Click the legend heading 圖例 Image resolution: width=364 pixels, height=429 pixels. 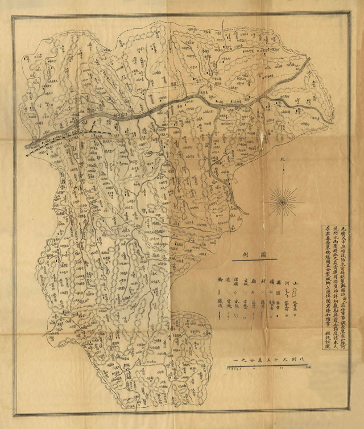coord(249,254)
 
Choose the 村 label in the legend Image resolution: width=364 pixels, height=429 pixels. coord(263,281)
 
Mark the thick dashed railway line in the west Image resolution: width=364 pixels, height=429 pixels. coord(57,137)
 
